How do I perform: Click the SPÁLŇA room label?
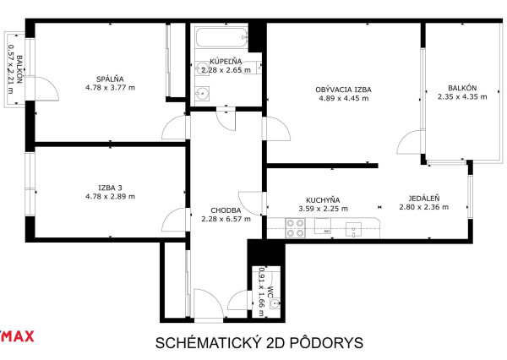(x=110, y=79)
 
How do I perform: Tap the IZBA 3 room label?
(x=110, y=188)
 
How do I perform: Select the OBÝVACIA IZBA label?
(x=343, y=90)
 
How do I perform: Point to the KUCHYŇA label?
(x=323, y=200)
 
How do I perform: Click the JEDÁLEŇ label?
(x=423, y=199)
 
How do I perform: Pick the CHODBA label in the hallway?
(x=226, y=210)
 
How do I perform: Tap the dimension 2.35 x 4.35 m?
(x=462, y=96)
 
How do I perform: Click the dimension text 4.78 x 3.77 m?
(x=110, y=88)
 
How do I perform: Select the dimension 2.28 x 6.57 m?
(x=226, y=219)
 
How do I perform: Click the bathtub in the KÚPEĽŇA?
(x=221, y=38)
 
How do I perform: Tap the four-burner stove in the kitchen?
(x=295, y=228)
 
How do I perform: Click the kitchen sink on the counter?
(x=353, y=229)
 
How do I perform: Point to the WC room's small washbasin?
(x=275, y=304)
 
